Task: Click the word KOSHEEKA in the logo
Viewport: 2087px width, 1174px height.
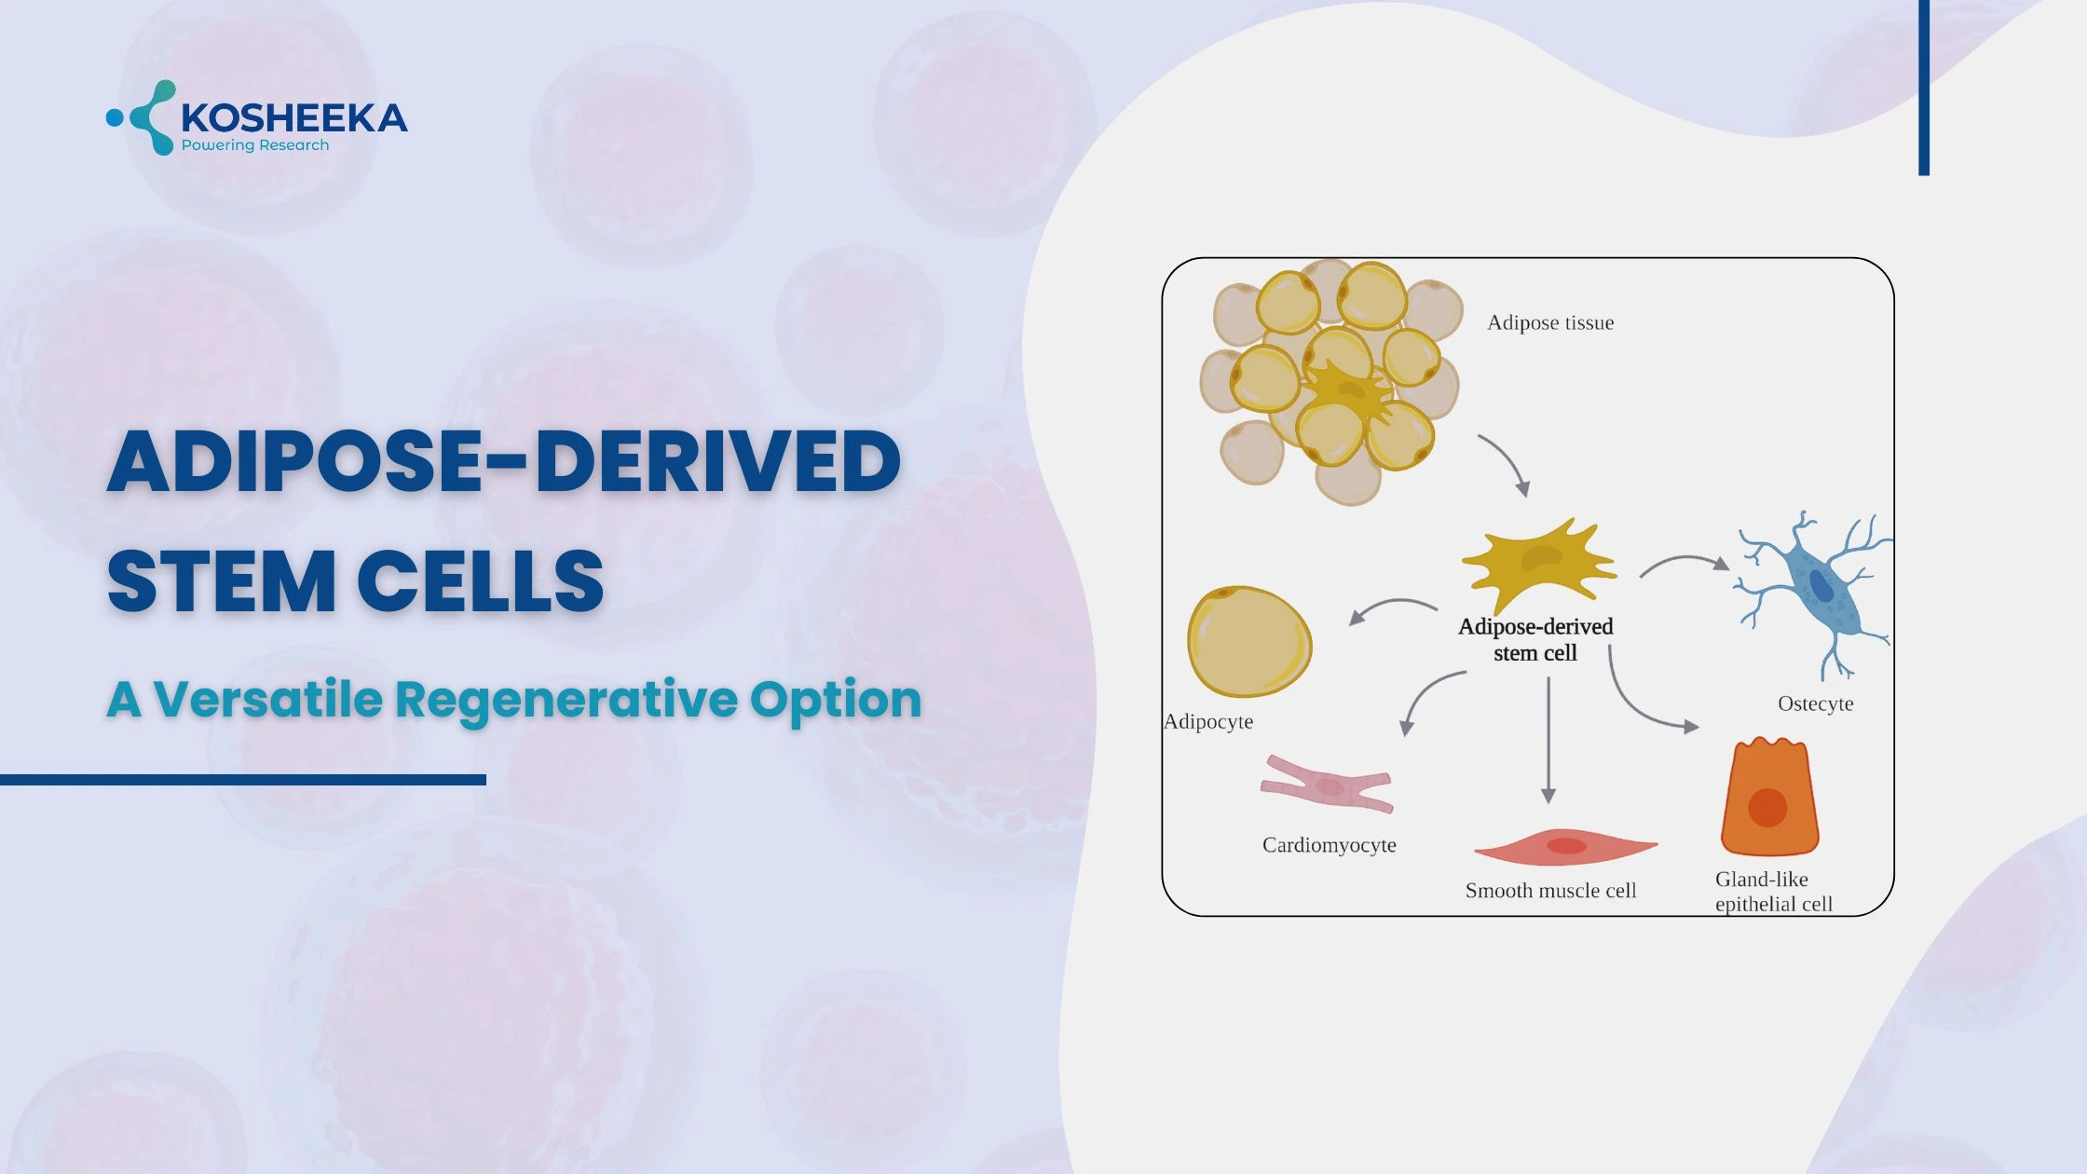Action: coord(293,118)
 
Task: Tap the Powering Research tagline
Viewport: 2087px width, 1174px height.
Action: coord(254,145)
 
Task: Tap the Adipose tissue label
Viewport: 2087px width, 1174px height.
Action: coord(1549,322)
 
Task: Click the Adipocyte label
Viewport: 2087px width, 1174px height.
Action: coord(1208,721)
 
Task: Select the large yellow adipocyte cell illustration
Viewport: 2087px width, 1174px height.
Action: coord(1248,641)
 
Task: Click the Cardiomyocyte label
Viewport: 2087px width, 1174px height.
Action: coord(1329,845)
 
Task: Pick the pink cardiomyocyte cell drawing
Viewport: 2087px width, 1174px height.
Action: coord(1327,785)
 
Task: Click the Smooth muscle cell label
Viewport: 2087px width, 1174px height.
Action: coord(1550,891)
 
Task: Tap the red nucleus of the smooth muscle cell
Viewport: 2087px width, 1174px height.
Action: coord(1566,846)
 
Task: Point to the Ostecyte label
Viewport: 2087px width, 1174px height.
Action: coord(1815,703)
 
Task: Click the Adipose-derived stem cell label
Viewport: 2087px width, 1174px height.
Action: coord(1535,639)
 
